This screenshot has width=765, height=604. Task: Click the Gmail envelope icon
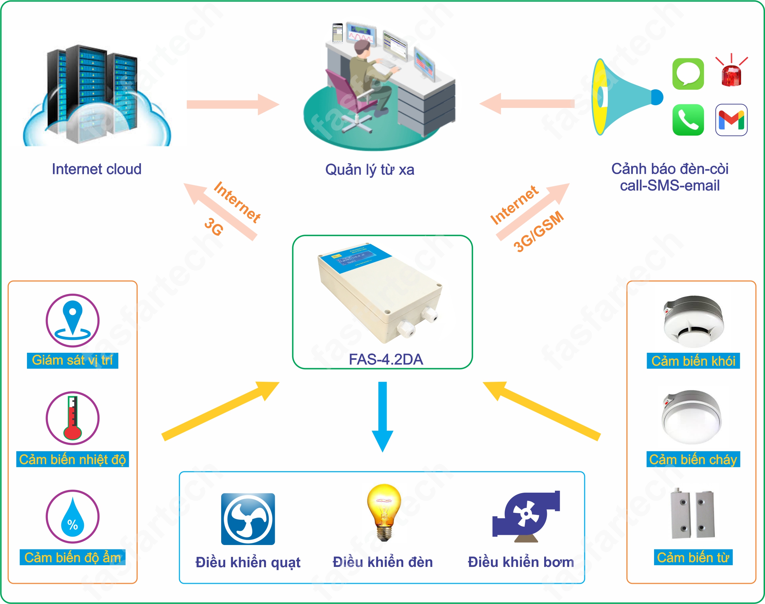[731, 120]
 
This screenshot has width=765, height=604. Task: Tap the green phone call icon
[687, 120]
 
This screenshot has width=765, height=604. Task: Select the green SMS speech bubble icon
[687, 74]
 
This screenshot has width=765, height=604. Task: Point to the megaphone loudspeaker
[624, 97]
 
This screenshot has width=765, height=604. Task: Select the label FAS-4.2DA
[386, 359]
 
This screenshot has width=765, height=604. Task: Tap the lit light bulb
[384, 512]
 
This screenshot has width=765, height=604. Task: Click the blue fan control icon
[248, 519]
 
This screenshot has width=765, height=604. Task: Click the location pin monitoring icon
[72, 320]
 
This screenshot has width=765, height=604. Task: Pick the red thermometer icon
[72, 418]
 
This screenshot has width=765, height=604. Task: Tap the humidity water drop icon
[72, 516]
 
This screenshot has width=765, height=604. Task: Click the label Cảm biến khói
[693, 361]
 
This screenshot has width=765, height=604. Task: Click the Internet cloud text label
[96, 169]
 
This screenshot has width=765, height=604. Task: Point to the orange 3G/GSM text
[538, 232]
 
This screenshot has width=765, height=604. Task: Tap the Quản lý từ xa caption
[370, 170]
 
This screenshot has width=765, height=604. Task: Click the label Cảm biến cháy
[693, 459]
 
